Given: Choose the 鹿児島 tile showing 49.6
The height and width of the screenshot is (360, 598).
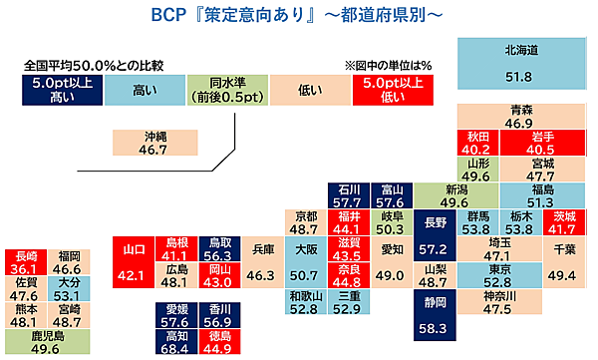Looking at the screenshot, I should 47,342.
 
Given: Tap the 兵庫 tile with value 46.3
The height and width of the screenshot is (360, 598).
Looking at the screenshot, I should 260,261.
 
